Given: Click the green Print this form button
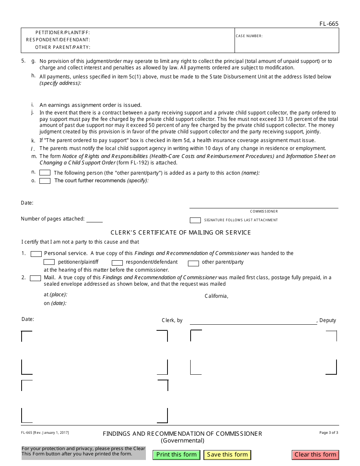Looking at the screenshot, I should tap(176, 455).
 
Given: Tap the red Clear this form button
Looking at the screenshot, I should tap(315, 455).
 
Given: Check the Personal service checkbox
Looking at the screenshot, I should tap(36, 253).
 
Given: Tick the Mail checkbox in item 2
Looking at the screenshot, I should tap(36, 278).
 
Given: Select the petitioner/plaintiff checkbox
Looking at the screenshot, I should tap(49, 262).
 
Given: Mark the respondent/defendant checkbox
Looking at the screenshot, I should tap(117, 263).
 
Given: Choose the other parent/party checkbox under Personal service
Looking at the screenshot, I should tap(193, 263).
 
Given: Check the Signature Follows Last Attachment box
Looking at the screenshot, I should tap(195, 220).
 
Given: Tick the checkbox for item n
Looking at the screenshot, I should tap(45, 173).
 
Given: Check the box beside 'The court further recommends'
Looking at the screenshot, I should tap(45, 181).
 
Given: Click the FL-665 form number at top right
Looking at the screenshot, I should tap(329, 24).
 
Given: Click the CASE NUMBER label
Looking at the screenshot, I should tap(249, 36).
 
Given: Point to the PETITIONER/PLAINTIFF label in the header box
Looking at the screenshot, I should tap(63, 33).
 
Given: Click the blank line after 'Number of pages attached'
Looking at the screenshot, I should tap(95, 219).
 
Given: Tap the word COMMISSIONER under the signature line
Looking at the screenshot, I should tap(264, 211).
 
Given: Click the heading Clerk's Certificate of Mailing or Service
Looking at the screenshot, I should tap(180, 232).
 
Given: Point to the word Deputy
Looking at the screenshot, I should tap(328, 320).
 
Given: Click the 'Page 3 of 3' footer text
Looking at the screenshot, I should tap(329, 432).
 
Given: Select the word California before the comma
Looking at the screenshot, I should tap(216, 296).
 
